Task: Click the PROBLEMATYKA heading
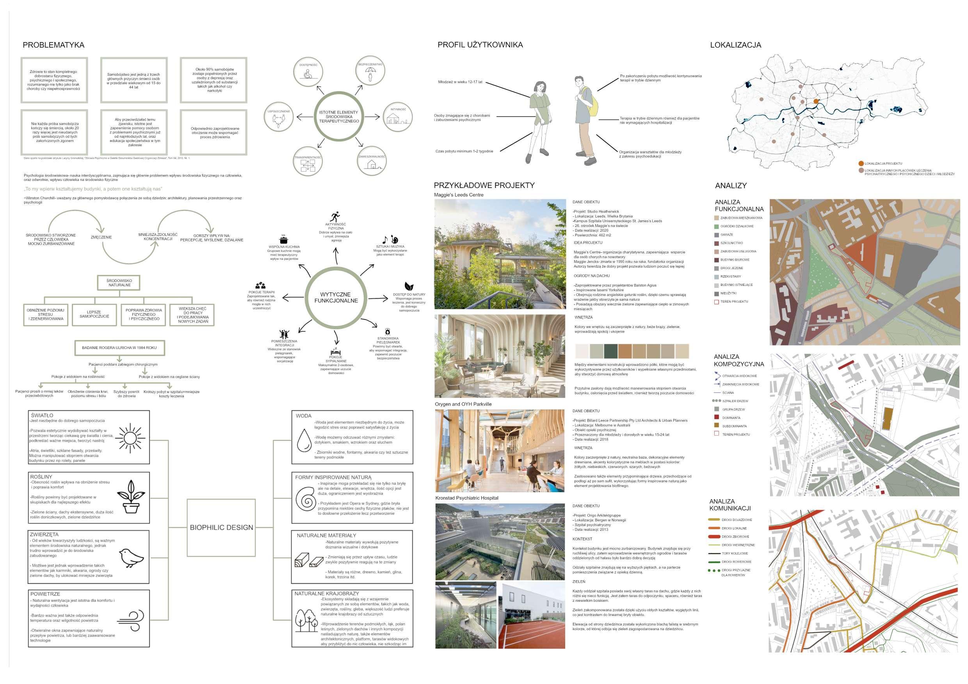click(53, 45)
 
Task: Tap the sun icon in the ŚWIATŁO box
click(130, 438)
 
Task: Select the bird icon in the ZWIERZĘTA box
click(131, 558)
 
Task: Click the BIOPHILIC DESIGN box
click(221, 527)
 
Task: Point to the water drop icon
click(304, 440)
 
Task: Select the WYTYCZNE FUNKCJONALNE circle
click(336, 298)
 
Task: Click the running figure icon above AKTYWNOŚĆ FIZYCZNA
click(335, 217)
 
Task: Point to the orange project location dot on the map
click(816, 101)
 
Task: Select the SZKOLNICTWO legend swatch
click(717, 243)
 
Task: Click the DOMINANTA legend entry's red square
click(717, 417)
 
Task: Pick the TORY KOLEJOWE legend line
click(714, 553)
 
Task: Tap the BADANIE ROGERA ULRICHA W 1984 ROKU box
click(119, 348)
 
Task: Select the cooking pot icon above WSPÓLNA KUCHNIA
click(284, 239)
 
